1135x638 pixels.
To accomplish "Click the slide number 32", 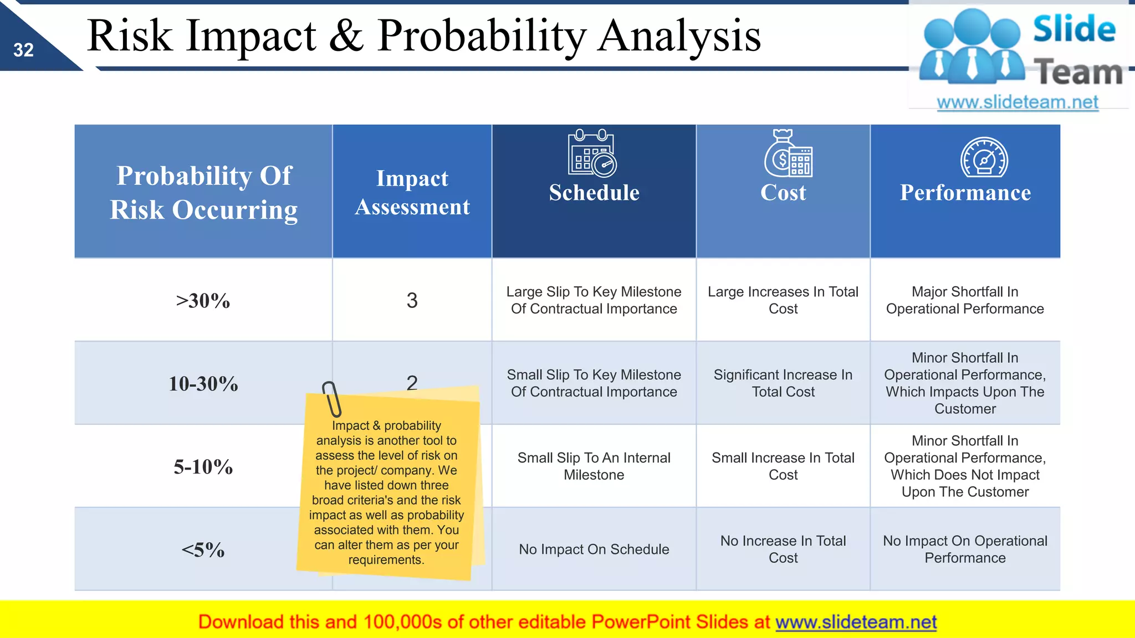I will pyautogui.click(x=24, y=50).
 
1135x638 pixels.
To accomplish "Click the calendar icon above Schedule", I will pyautogui.click(x=592, y=153).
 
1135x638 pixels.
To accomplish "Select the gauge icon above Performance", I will pyautogui.click(x=984, y=157).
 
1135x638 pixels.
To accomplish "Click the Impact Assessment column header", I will pyautogui.click(x=412, y=192).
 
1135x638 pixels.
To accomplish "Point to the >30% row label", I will pyautogui.click(x=203, y=301).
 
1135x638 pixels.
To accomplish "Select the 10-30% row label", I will pyautogui.click(x=203, y=384).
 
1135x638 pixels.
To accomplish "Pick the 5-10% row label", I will pyautogui.click(x=203, y=467).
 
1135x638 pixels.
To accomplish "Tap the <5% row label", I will pyautogui.click(x=203, y=550).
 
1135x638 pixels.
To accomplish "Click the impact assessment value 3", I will pyautogui.click(x=412, y=300).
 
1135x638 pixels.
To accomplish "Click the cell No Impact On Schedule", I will pyautogui.click(x=594, y=549).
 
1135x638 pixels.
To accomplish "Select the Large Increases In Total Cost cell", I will pyautogui.click(x=783, y=300).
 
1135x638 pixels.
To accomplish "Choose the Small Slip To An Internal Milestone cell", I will pyautogui.click(x=594, y=466).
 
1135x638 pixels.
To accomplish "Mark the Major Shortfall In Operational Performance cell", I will pyautogui.click(x=964, y=300).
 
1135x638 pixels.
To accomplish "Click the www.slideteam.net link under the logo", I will pyautogui.click(x=1017, y=102).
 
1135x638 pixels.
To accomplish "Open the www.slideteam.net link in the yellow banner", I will pyautogui.click(x=856, y=622).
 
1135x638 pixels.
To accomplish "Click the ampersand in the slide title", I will pyautogui.click(x=346, y=36).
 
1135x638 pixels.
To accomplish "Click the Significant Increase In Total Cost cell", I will pyautogui.click(x=783, y=383).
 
